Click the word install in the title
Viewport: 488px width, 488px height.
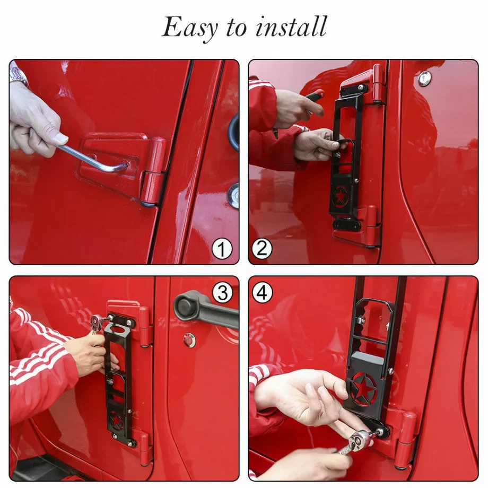[291, 27]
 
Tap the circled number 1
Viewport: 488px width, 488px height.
[222, 249]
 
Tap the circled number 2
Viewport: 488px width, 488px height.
[262, 249]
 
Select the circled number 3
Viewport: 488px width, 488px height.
[223, 293]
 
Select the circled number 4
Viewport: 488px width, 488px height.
[262, 293]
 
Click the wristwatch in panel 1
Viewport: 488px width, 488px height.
[19, 76]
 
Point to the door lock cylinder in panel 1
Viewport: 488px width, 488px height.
[234, 195]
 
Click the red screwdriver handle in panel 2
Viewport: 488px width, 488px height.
[315, 95]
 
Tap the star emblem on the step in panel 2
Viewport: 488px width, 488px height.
[341, 196]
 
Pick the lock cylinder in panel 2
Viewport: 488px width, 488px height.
[424, 78]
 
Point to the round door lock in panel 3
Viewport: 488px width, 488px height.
[189, 340]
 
